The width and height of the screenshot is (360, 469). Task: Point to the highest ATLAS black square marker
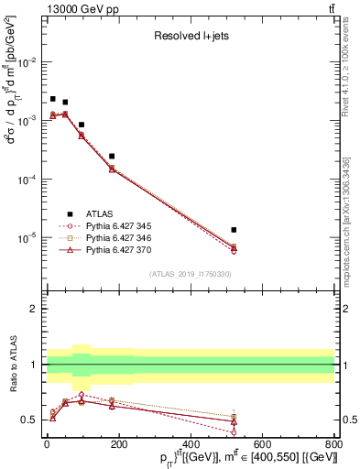53,99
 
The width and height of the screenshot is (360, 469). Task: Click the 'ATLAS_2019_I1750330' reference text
190,274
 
